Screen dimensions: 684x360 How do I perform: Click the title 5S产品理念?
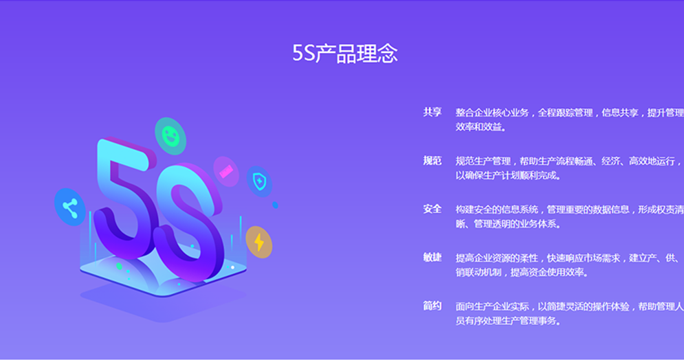pyautogui.click(x=344, y=53)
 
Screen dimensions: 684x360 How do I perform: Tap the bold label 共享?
pyautogui.click(x=432, y=112)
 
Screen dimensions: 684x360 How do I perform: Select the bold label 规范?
pyautogui.click(x=432, y=160)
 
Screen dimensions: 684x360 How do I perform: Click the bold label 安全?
pyautogui.click(x=432, y=209)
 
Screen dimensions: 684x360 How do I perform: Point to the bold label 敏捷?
pyautogui.click(x=432, y=257)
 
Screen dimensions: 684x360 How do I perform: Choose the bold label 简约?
pyautogui.click(x=432, y=306)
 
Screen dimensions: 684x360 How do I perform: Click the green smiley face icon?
pyautogui.click(x=170, y=136)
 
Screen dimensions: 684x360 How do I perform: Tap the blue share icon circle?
pyautogui.click(x=70, y=207)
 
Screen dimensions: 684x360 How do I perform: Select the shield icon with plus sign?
pyautogui.click(x=260, y=181)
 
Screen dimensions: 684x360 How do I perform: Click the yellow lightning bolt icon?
pyautogui.click(x=259, y=243)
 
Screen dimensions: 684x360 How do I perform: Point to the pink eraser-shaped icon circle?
pyautogui.click(x=226, y=171)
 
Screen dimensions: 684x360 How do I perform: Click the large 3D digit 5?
pyautogui.click(x=124, y=192)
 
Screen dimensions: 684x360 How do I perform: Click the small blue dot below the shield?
pyautogui.click(x=275, y=205)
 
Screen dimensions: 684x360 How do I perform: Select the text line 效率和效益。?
pyautogui.click(x=481, y=127)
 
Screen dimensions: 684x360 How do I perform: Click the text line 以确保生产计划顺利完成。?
pyautogui.click(x=508, y=176)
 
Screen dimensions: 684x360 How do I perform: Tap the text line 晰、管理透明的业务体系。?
pyautogui.click(x=508, y=224)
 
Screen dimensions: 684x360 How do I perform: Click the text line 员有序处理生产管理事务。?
pyautogui.click(x=508, y=321)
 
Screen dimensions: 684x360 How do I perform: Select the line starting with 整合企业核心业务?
pyautogui.click(x=570, y=113)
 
